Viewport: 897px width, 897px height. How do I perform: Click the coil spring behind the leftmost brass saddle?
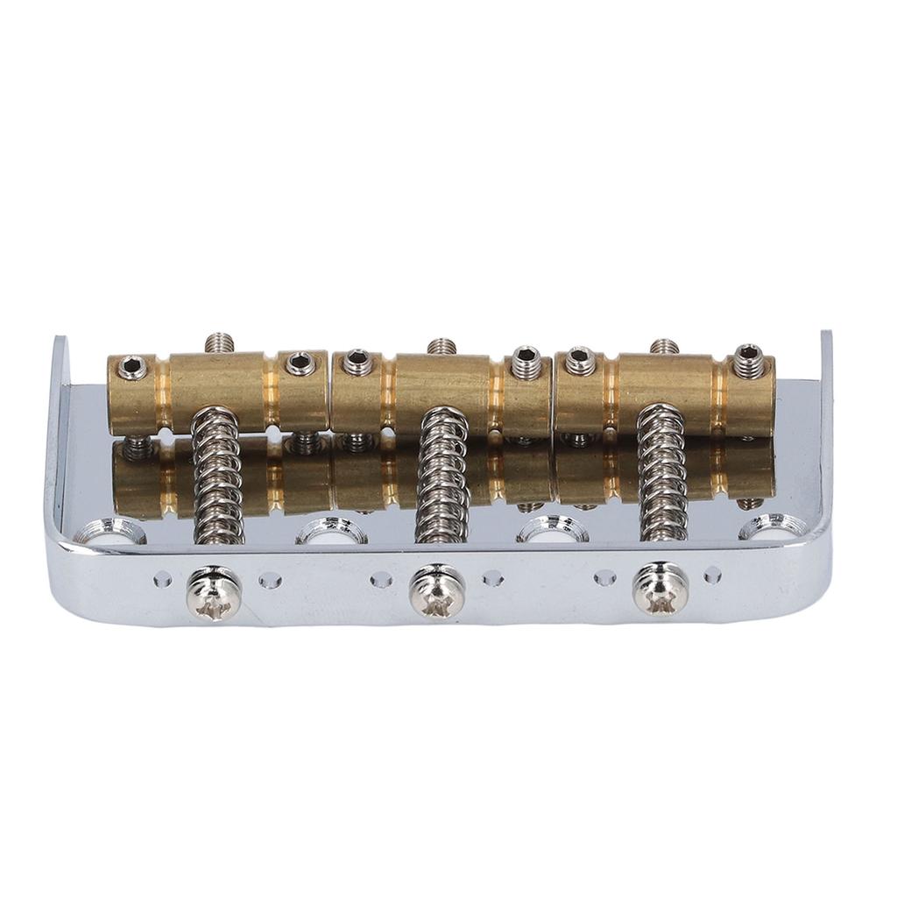click(213, 473)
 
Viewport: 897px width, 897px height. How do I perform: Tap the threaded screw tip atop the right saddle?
click(663, 347)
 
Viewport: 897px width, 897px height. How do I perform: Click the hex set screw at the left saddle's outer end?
click(132, 365)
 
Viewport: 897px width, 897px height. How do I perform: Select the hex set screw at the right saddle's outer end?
click(747, 355)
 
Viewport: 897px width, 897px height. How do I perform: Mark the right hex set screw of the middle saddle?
click(525, 357)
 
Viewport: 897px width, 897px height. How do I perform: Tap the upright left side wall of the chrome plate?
click(59, 420)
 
